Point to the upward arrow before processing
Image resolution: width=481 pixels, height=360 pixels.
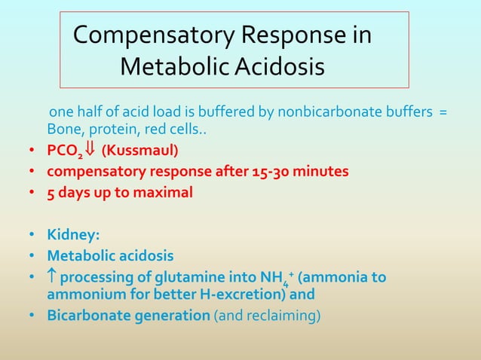52,279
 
